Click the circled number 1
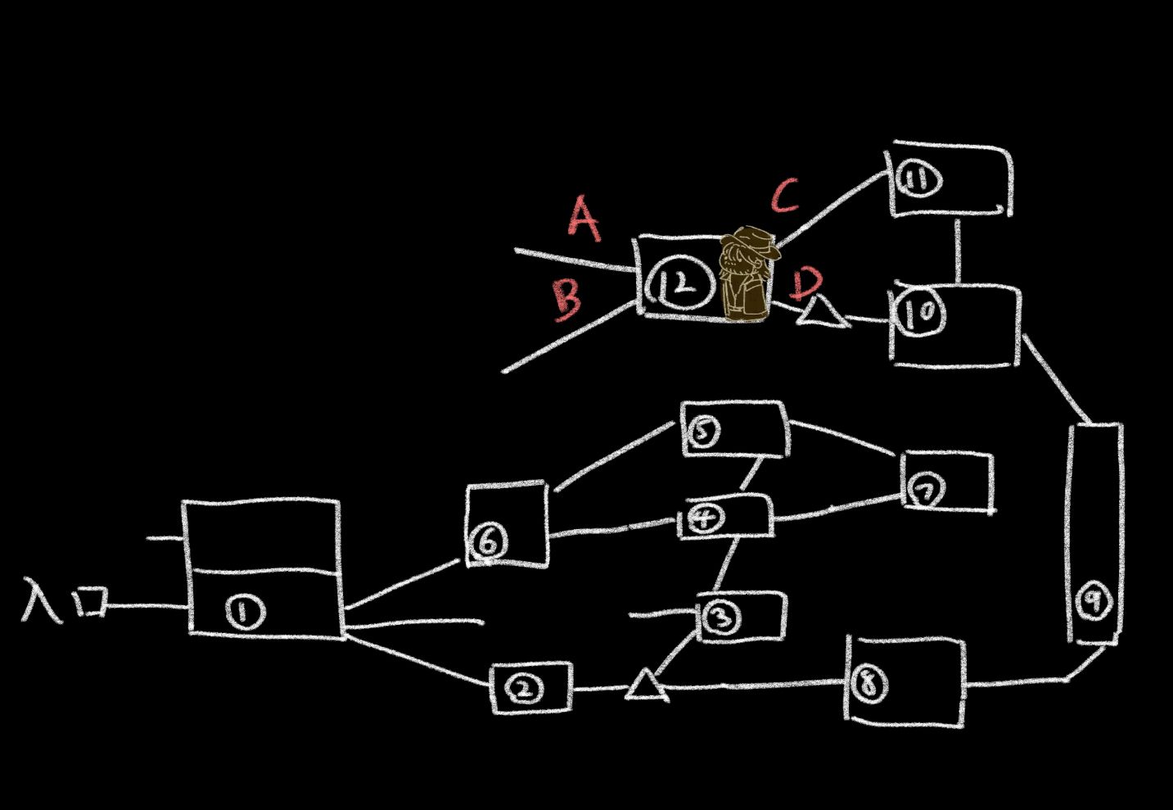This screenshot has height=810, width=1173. tap(246, 612)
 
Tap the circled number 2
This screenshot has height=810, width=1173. tap(525, 690)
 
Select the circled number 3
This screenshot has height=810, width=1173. tap(720, 618)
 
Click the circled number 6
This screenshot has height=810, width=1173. tap(489, 541)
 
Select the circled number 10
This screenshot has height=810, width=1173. tap(921, 312)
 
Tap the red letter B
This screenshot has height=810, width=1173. tap(567, 299)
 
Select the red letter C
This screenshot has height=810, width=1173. tap(784, 195)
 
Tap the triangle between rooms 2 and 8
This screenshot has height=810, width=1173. tap(647, 686)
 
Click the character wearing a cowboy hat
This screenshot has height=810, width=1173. tap(747, 274)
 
